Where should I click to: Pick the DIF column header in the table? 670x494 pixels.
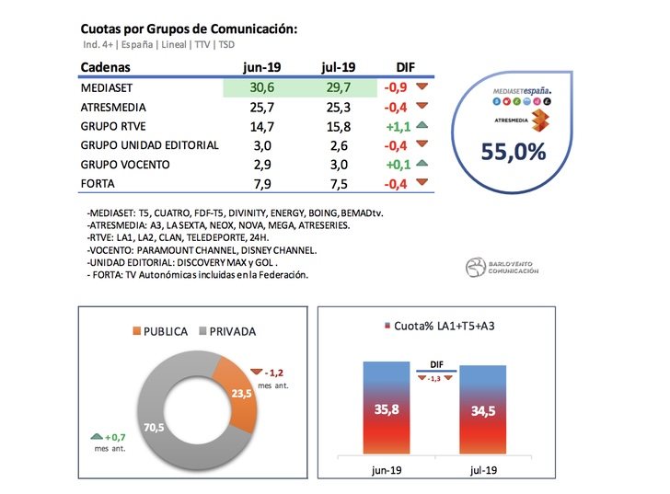click(x=405, y=68)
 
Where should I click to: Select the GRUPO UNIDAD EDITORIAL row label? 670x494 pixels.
click(x=149, y=146)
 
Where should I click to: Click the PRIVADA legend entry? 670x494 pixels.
click(x=229, y=332)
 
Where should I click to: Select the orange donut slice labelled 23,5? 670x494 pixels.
click(x=238, y=395)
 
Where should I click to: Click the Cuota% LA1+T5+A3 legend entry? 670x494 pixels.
click(x=433, y=326)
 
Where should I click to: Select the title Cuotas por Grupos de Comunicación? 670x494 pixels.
click(x=189, y=30)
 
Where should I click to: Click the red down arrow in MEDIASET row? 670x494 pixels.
click(x=423, y=88)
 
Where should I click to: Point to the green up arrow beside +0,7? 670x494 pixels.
click(x=96, y=438)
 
